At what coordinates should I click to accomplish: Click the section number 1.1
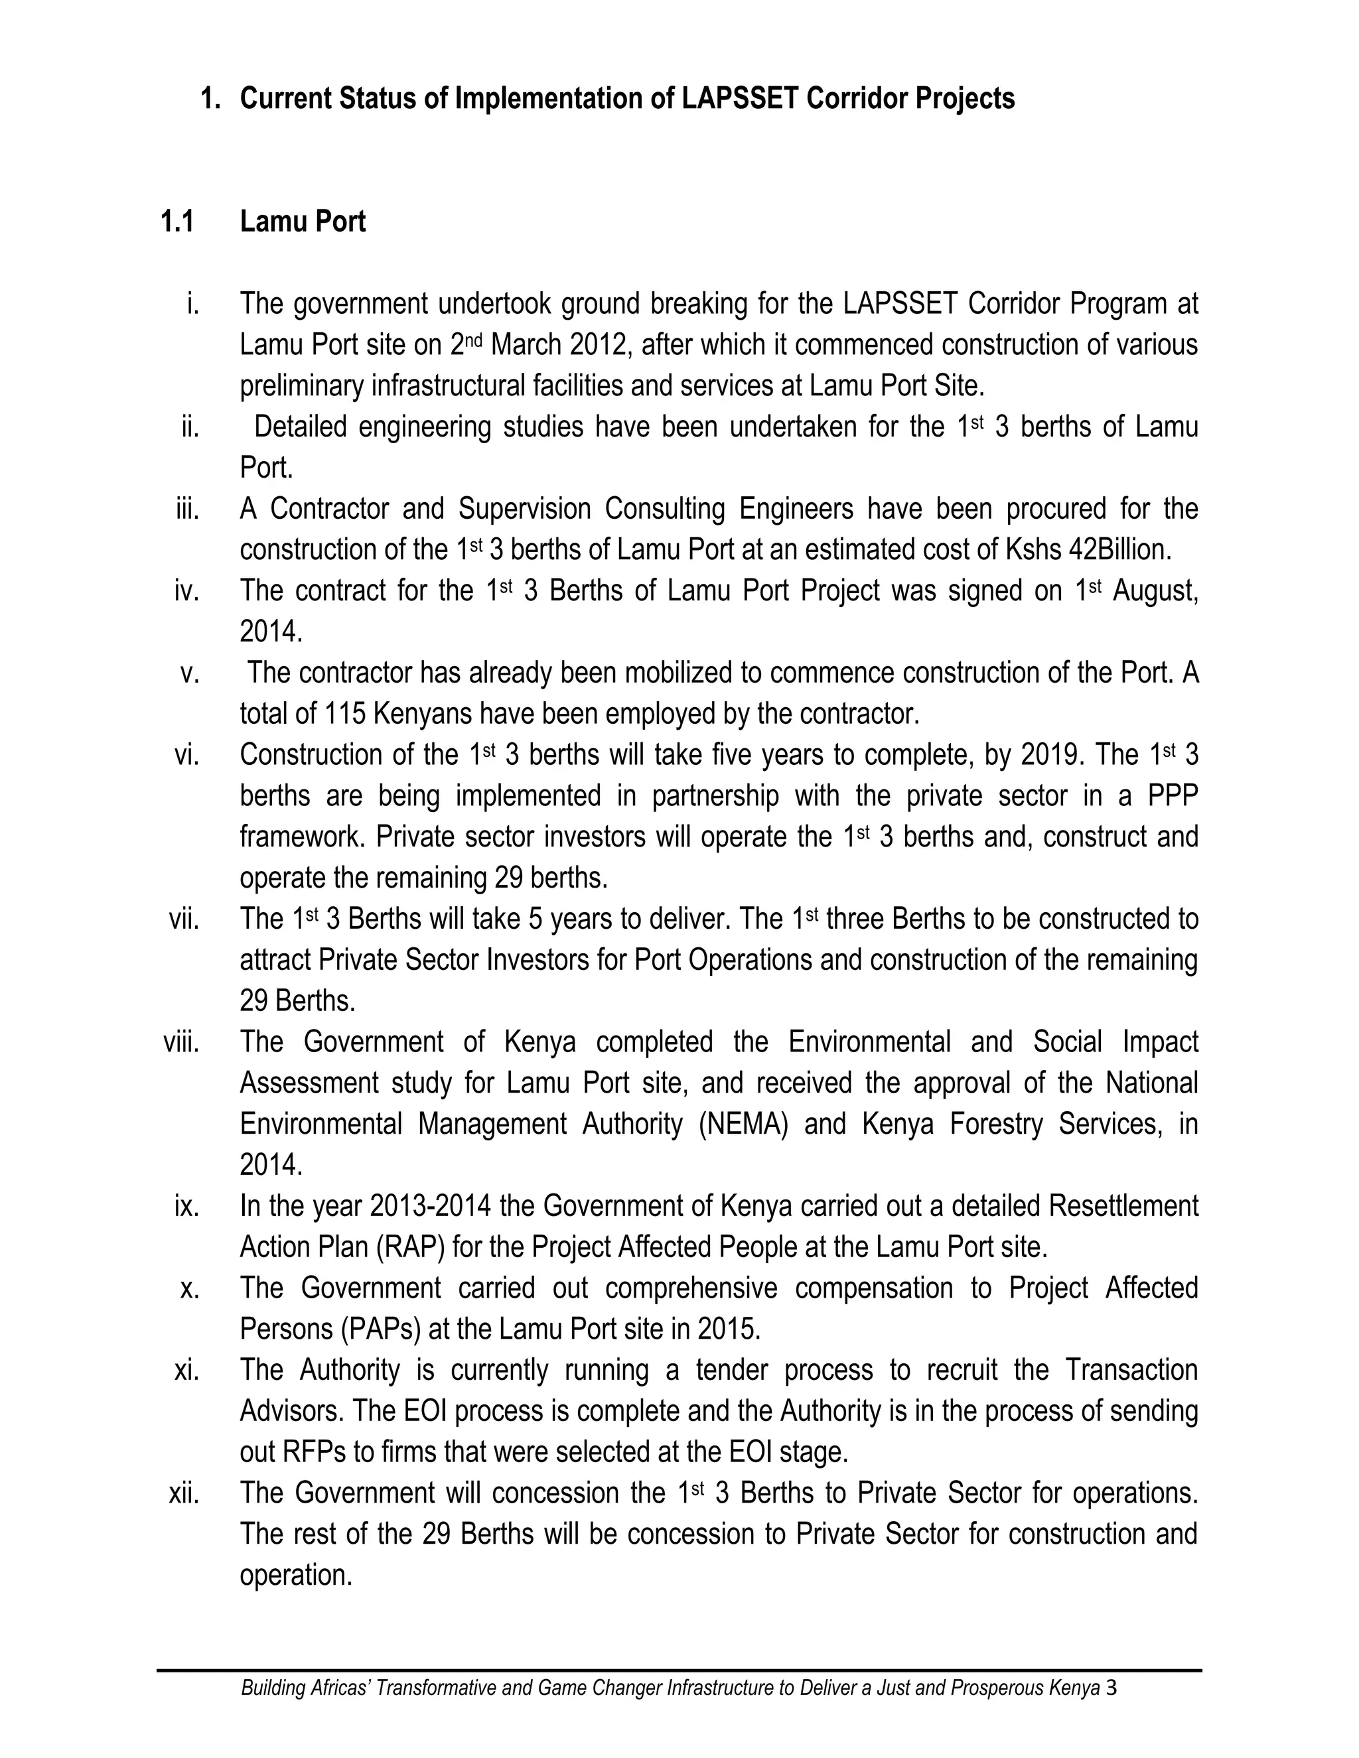pyautogui.click(x=177, y=222)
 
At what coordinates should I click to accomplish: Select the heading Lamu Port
pyautogui.click(x=303, y=222)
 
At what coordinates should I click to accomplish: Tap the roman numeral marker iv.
pyautogui.click(x=186, y=591)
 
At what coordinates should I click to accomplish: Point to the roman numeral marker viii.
pyautogui.click(x=181, y=1042)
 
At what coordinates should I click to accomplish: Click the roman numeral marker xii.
pyautogui.click(x=184, y=1493)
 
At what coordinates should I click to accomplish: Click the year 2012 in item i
pyautogui.click(x=597, y=344)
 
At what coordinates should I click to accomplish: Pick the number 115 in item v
pyautogui.click(x=344, y=714)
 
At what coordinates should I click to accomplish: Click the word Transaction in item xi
pyautogui.click(x=1131, y=1371)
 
